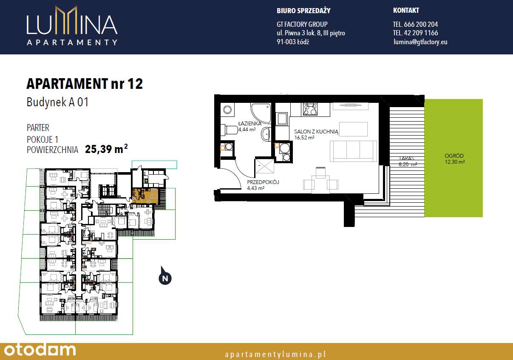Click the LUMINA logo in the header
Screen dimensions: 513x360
72,26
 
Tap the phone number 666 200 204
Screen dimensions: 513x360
421,24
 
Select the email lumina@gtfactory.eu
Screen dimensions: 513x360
420,42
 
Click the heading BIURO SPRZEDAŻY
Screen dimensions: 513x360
303,11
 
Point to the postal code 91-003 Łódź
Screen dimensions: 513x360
293,42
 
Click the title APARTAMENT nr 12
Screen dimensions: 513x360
85,84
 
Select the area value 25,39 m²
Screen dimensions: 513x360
106,149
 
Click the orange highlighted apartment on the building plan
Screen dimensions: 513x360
145,196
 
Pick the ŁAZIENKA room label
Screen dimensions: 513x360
249,124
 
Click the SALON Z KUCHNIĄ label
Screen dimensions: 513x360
316,132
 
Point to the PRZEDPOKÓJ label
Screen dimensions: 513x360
263,182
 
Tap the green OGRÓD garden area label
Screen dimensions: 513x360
454,156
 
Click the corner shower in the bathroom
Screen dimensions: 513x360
261,113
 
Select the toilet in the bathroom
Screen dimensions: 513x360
230,130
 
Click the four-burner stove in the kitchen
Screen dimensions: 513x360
310,109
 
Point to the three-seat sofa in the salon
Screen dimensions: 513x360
353,151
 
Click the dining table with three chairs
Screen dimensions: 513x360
320,181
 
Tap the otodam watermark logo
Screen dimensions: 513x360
40,350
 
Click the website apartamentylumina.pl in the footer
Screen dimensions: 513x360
275,354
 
